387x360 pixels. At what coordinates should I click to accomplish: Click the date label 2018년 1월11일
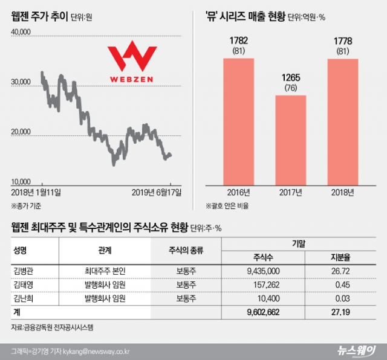coord(36,192)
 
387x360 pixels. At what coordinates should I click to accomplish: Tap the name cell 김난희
coord(24,299)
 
